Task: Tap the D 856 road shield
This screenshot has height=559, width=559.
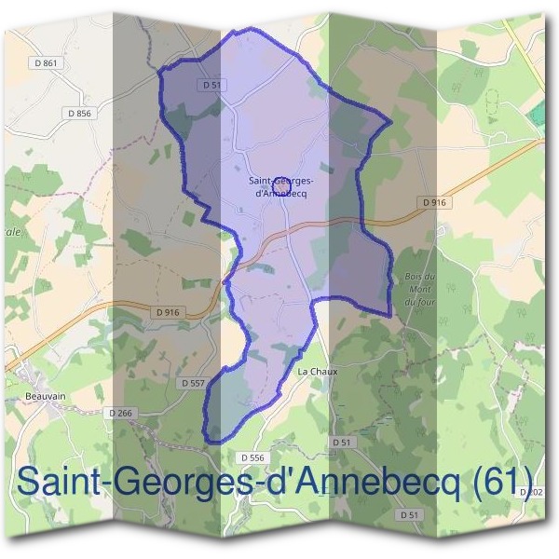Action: (x=81, y=113)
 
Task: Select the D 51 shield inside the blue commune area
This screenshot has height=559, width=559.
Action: (x=213, y=85)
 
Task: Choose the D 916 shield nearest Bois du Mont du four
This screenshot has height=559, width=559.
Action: (x=434, y=201)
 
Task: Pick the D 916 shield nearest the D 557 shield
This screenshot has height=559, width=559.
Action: (x=168, y=312)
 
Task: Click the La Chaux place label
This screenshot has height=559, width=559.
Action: (x=316, y=370)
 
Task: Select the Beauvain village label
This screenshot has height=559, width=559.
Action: (x=38, y=394)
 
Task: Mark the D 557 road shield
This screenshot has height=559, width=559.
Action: (x=192, y=383)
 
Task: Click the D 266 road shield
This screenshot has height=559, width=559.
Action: (x=121, y=413)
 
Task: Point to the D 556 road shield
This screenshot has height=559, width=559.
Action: (x=252, y=457)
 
